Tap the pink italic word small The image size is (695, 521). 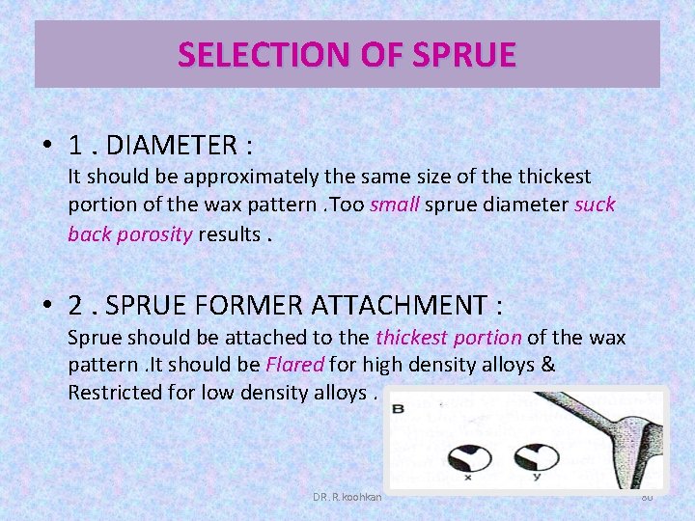coord(394,205)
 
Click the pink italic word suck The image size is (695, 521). coord(595,205)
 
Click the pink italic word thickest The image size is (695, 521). coord(410,337)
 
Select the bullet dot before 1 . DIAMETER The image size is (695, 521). coord(47,147)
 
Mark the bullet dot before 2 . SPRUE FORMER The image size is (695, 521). coord(47,307)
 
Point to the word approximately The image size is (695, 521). coord(253,177)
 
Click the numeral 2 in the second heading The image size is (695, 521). coord(75,306)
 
